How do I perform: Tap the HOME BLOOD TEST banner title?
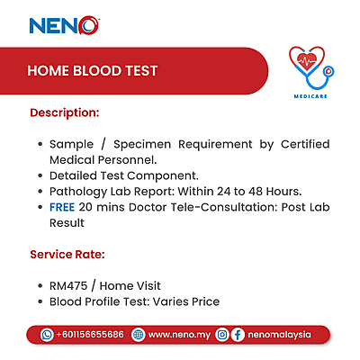[x=93, y=70]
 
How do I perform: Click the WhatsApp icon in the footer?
[x=47, y=334]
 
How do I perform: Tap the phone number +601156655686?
[x=90, y=334]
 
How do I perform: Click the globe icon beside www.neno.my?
[x=138, y=334]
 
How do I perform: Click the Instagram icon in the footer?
[x=221, y=334]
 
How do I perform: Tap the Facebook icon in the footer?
[x=238, y=334]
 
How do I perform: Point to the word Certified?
[x=301, y=144]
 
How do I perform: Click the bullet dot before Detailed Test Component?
[x=39, y=175]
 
